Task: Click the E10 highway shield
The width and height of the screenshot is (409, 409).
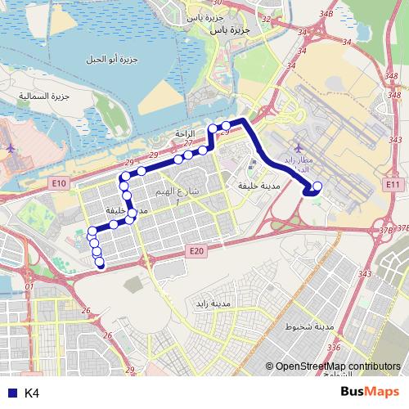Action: coord(59,183)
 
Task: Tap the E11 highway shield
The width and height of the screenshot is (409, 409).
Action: coord(393,185)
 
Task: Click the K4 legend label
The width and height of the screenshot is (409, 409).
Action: coord(32,393)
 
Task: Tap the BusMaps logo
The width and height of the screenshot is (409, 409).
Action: coord(371,393)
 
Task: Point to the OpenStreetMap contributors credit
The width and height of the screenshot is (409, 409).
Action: coord(337,367)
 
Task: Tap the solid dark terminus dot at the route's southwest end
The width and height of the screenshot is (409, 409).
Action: coord(101,264)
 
